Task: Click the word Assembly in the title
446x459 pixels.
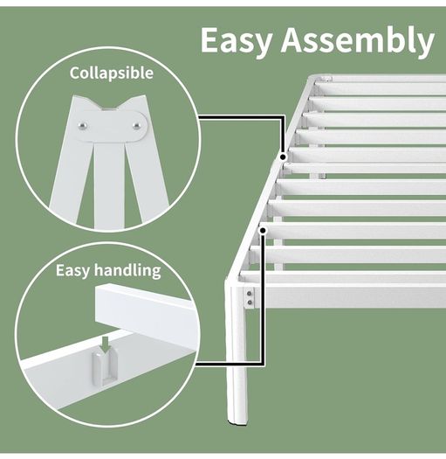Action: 358,41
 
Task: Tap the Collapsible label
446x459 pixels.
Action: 112,73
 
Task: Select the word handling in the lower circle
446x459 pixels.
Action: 128,270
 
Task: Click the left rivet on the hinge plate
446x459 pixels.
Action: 83,126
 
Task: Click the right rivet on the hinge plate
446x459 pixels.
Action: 136,126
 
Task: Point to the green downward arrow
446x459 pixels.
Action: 106,344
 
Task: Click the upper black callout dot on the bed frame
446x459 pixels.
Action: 283,157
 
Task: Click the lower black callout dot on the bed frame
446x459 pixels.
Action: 263,231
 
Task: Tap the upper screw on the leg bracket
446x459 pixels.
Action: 250,293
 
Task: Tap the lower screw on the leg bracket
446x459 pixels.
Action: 250,303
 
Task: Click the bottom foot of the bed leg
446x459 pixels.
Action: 237,421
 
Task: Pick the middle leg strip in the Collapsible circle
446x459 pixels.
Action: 109,184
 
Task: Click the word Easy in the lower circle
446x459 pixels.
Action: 72,270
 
